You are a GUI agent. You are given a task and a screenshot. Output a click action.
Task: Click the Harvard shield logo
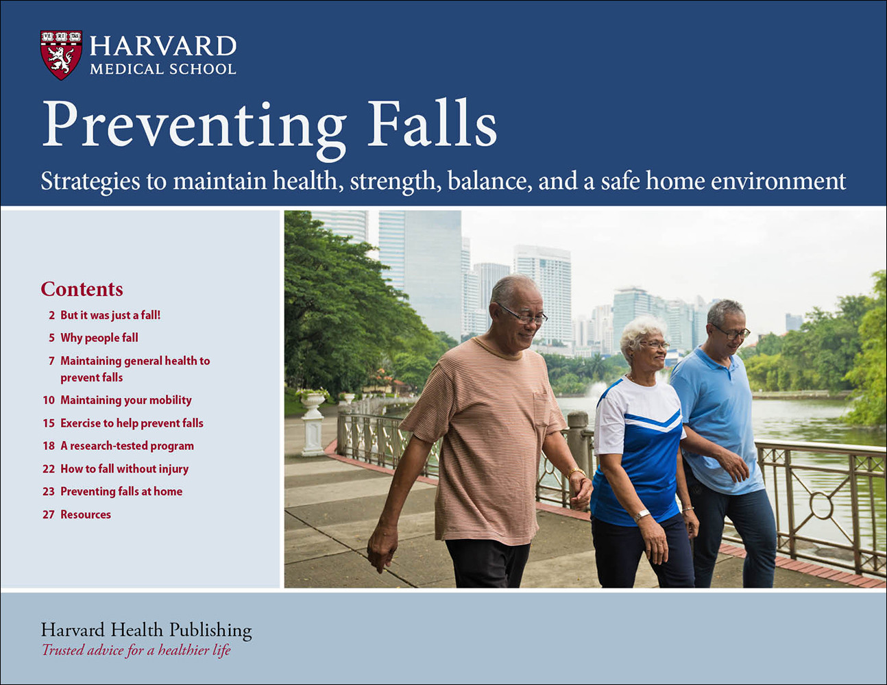(x=61, y=55)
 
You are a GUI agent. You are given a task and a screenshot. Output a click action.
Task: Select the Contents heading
(x=82, y=289)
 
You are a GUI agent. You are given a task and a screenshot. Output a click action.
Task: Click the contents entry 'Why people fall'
(x=99, y=338)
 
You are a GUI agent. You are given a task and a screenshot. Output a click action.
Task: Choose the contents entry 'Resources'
(x=86, y=514)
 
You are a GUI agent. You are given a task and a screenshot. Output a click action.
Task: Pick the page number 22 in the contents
(x=49, y=469)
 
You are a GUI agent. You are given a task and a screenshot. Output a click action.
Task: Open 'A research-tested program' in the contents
(x=127, y=446)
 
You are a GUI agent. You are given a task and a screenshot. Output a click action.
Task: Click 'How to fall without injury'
(x=125, y=469)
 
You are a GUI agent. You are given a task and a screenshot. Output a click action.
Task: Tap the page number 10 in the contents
(x=49, y=400)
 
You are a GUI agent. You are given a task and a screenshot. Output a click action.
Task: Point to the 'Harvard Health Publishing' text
(x=146, y=630)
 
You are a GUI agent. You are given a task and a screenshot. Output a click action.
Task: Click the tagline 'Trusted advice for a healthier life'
(x=136, y=650)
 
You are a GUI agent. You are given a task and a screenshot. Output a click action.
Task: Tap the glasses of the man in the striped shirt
(x=523, y=315)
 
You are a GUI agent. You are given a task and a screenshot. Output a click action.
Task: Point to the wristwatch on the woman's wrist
(x=642, y=515)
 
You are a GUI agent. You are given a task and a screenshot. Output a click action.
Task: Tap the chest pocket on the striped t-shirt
(x=542, y=408)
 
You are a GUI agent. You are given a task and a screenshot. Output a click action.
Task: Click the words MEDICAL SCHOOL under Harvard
(x=163, y=69)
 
